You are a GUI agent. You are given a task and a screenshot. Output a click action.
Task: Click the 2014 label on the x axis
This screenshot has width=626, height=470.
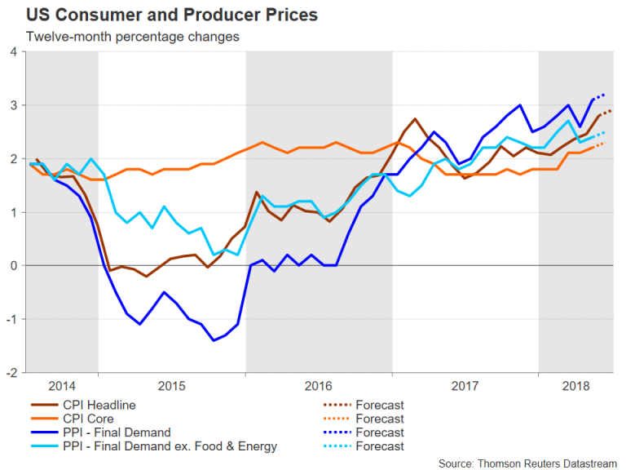point(62,384)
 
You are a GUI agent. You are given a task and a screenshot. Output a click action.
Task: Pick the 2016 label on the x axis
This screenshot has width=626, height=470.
point(318,384)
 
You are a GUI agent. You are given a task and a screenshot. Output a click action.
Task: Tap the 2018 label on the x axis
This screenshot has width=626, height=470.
point(575,384)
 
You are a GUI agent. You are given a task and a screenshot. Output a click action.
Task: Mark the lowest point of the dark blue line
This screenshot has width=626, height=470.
point(214,340)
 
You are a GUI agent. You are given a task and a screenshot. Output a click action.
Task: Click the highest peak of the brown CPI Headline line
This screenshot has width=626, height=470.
point(416,119)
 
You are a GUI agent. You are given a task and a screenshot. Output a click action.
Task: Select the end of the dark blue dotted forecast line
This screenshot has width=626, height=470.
point(604,95)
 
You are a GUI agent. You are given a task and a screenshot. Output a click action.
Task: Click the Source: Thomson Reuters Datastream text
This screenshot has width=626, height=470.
point(529,461)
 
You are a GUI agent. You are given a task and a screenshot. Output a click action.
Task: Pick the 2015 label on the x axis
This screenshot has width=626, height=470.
point(172,384)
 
